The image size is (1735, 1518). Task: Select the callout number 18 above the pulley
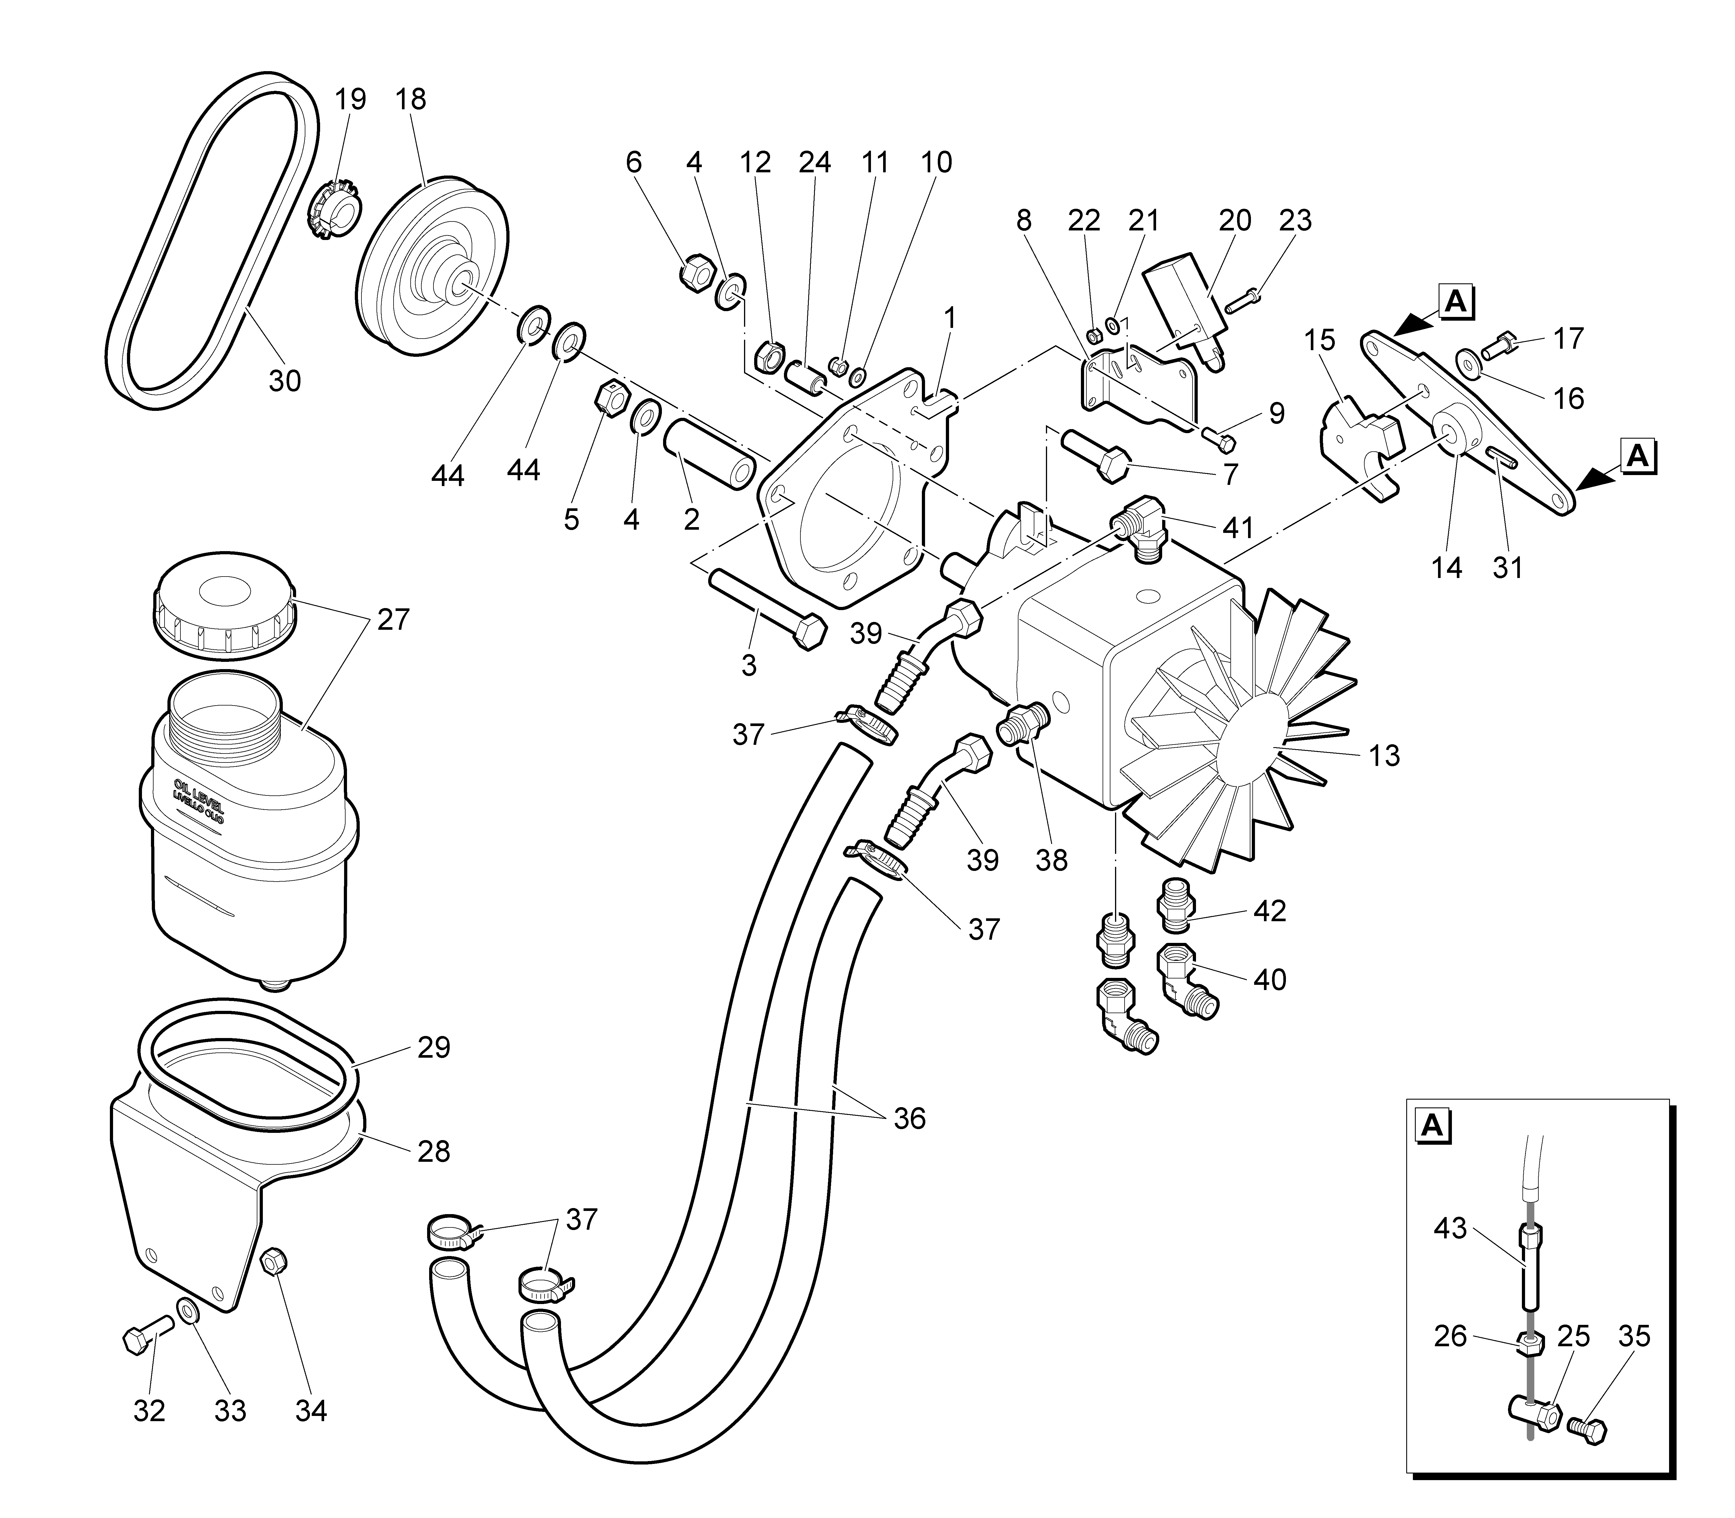tap(411, 100)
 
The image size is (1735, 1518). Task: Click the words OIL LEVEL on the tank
tap(198, 792)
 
